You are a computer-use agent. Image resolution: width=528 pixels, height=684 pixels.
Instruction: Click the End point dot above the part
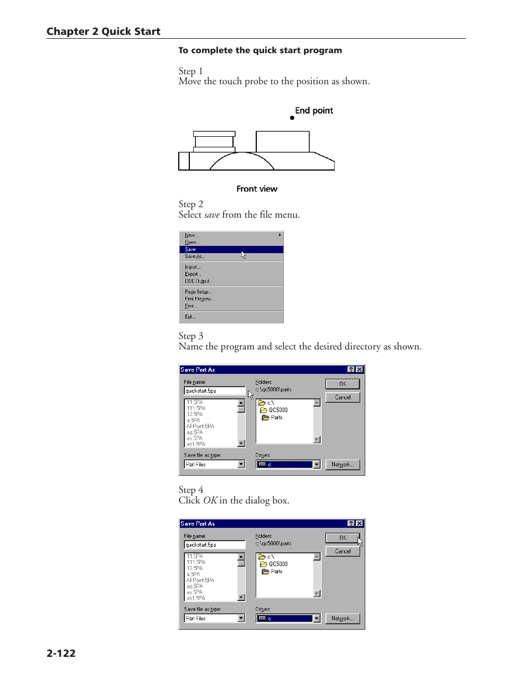pos(292,118)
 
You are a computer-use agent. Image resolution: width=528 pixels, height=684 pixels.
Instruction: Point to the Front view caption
pos(257,189)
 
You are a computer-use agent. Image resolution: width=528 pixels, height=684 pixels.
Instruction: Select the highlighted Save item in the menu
pos(190,250)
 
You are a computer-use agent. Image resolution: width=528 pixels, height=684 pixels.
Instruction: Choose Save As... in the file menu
pos(194,256)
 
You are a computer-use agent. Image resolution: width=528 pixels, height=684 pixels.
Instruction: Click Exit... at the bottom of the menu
pos(190,317)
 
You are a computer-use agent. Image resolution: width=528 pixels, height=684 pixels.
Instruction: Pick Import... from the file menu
pos(193,267)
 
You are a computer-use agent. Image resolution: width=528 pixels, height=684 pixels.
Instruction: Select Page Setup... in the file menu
pos(198,292)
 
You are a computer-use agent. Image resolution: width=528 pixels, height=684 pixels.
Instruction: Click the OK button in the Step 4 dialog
pos(343,538)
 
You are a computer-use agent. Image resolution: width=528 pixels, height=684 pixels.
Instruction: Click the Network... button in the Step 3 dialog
pos(343,465)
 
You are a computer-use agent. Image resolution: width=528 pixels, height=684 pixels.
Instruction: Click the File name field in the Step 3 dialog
pos(214,391)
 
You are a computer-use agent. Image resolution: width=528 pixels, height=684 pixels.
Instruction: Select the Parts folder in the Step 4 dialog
pos(276,572)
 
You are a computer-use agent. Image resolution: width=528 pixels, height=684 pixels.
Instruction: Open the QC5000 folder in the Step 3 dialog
pos(278,410)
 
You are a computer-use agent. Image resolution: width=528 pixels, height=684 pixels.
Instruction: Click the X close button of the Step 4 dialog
pos(360,523)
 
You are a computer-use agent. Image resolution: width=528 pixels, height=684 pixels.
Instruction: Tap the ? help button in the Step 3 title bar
pos(351,369)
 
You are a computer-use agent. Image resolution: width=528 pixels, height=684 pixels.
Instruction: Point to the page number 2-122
pos(61,654)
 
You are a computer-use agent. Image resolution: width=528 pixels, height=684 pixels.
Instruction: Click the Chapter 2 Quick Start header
pos(103,32)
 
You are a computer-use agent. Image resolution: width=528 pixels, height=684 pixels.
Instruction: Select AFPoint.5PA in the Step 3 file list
pos(200,426)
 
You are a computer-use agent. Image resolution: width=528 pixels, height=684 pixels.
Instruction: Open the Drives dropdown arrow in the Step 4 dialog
pos(317,619)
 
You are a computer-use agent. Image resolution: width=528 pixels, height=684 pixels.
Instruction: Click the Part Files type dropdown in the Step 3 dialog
pos(214,465)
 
